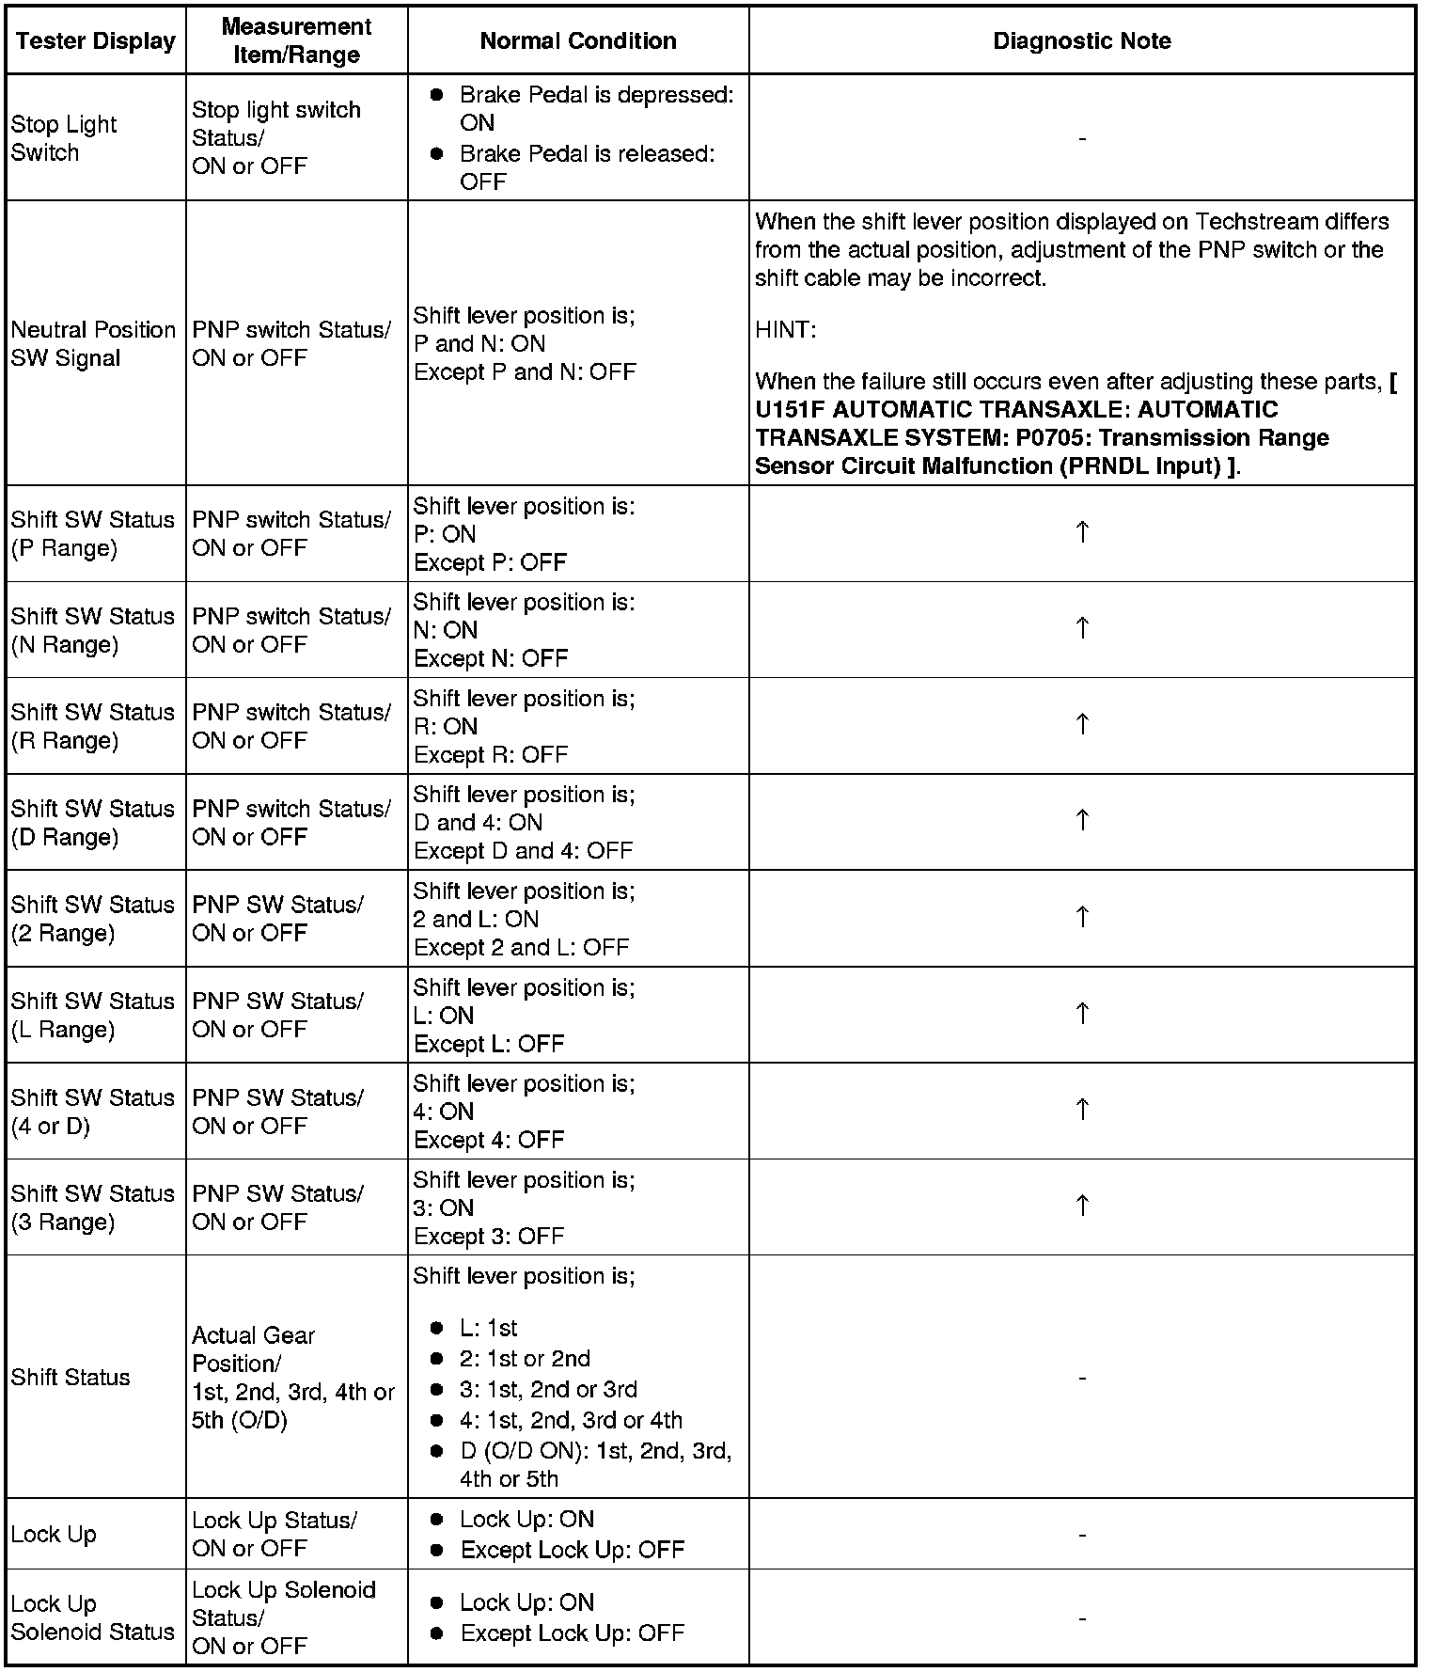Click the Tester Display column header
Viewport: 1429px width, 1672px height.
point(96,40)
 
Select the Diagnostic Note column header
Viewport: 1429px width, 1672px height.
point(1081,40)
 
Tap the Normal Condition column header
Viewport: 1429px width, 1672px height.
point(577,40)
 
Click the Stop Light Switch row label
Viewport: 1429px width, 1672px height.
point(64,138)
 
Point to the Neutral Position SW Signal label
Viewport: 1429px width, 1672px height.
point(93,343)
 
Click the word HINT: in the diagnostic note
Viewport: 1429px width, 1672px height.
point(785,330)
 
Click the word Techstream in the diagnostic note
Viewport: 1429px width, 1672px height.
point(1252,222)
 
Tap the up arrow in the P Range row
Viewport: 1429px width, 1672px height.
point(1082,532)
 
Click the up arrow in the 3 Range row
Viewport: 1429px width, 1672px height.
point(1082,1206)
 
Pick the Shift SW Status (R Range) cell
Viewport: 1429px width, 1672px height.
point(93,726)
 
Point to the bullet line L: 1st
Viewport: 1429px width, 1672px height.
point(488,1328)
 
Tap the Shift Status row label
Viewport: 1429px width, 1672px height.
point(71,1377)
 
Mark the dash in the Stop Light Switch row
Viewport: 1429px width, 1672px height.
point(1082,138)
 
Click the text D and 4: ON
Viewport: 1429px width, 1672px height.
point(478,822)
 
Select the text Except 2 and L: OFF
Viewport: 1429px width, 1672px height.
point(521,947)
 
